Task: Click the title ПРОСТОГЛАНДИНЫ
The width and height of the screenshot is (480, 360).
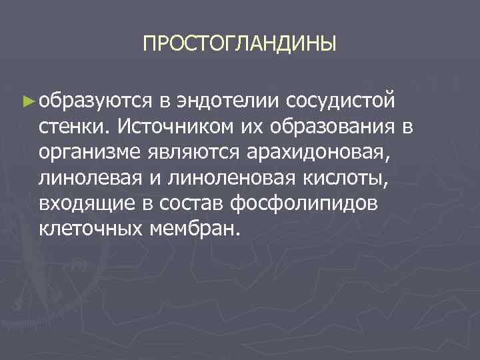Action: tap(239, 45)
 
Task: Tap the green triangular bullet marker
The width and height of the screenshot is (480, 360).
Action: tap(27, 101)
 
